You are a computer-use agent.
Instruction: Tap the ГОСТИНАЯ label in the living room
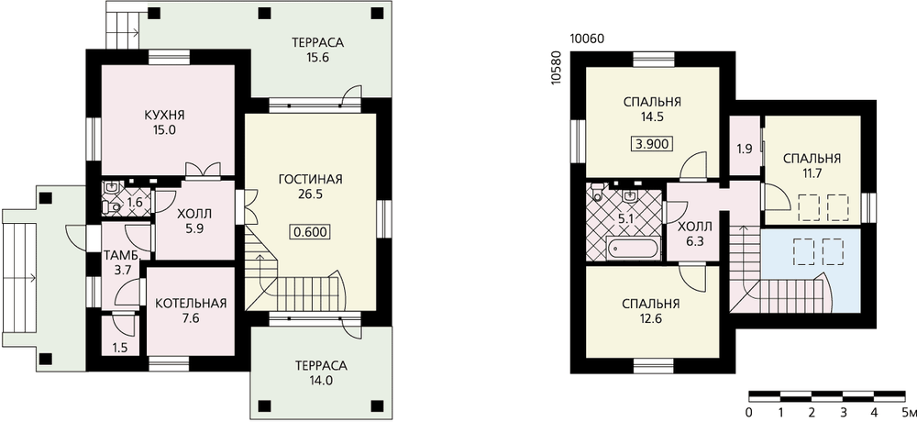coord(310,179)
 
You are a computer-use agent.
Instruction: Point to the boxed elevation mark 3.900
coord(651,143)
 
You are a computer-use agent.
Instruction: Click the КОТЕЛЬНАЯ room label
coord(191,303)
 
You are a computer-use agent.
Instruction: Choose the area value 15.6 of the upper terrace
coord(318,58)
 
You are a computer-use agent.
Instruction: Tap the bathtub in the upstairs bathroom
coord(633,249)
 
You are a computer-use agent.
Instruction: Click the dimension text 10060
coord(587,39)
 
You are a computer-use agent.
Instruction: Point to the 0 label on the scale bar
coord(749,411)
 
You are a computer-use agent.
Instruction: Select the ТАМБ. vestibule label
coord(122,256)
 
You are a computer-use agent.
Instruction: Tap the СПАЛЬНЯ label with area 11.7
coord(812,159)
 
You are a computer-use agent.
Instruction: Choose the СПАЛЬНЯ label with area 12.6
coord(650,304)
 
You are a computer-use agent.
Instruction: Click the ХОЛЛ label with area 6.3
coord(695,227)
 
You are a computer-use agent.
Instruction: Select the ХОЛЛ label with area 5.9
coord(194,215)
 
